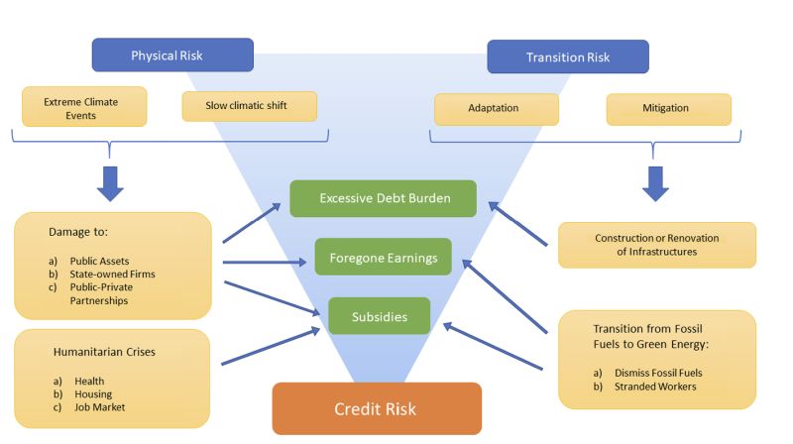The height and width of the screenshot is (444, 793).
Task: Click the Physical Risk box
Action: [x=172, y=55]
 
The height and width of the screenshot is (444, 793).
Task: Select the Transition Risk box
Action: [x=567, y=56]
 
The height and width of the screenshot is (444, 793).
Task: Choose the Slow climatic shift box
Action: [x=249, y=106]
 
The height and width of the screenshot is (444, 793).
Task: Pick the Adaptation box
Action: [x=497, y=109]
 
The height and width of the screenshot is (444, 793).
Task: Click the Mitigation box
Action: [x=668, y=109]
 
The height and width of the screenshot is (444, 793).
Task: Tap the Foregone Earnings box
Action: [x=383, y=257]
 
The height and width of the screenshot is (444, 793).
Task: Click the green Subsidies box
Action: [x=380, y=316]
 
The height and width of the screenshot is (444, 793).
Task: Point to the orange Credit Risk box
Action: [x=377, y=408]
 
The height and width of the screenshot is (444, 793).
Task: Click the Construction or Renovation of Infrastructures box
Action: [x=656, y=245]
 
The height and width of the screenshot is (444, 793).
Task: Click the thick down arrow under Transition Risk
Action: [x=655, y=181]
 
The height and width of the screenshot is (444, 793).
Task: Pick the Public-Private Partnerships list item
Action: [x=100, y=293]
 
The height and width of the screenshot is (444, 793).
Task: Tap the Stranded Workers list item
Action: [x=655, y=387]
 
